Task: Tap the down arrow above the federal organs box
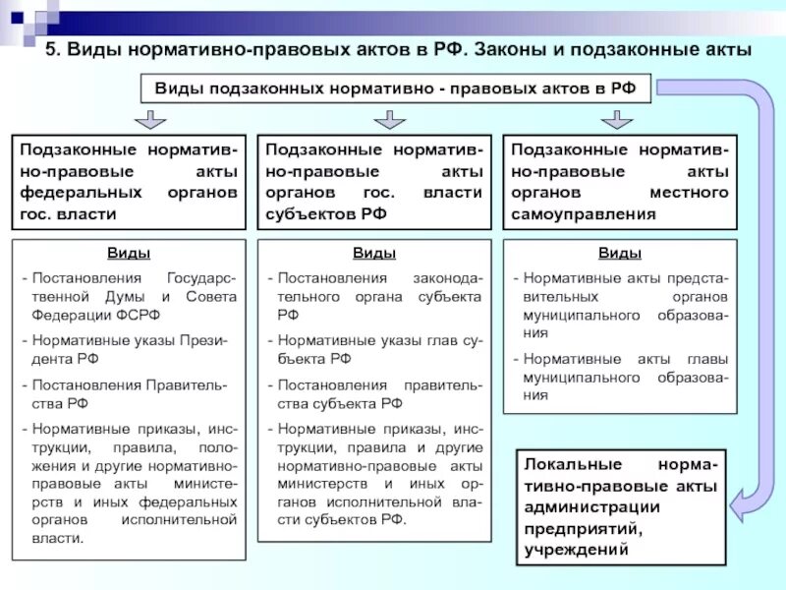click(149, 120)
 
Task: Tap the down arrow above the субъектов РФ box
click(389, 120)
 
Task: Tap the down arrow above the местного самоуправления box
click(616, 120)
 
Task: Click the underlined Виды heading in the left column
click(129, 254)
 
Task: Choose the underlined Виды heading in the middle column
click(374, 254)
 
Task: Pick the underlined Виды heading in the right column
click(619, 254)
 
